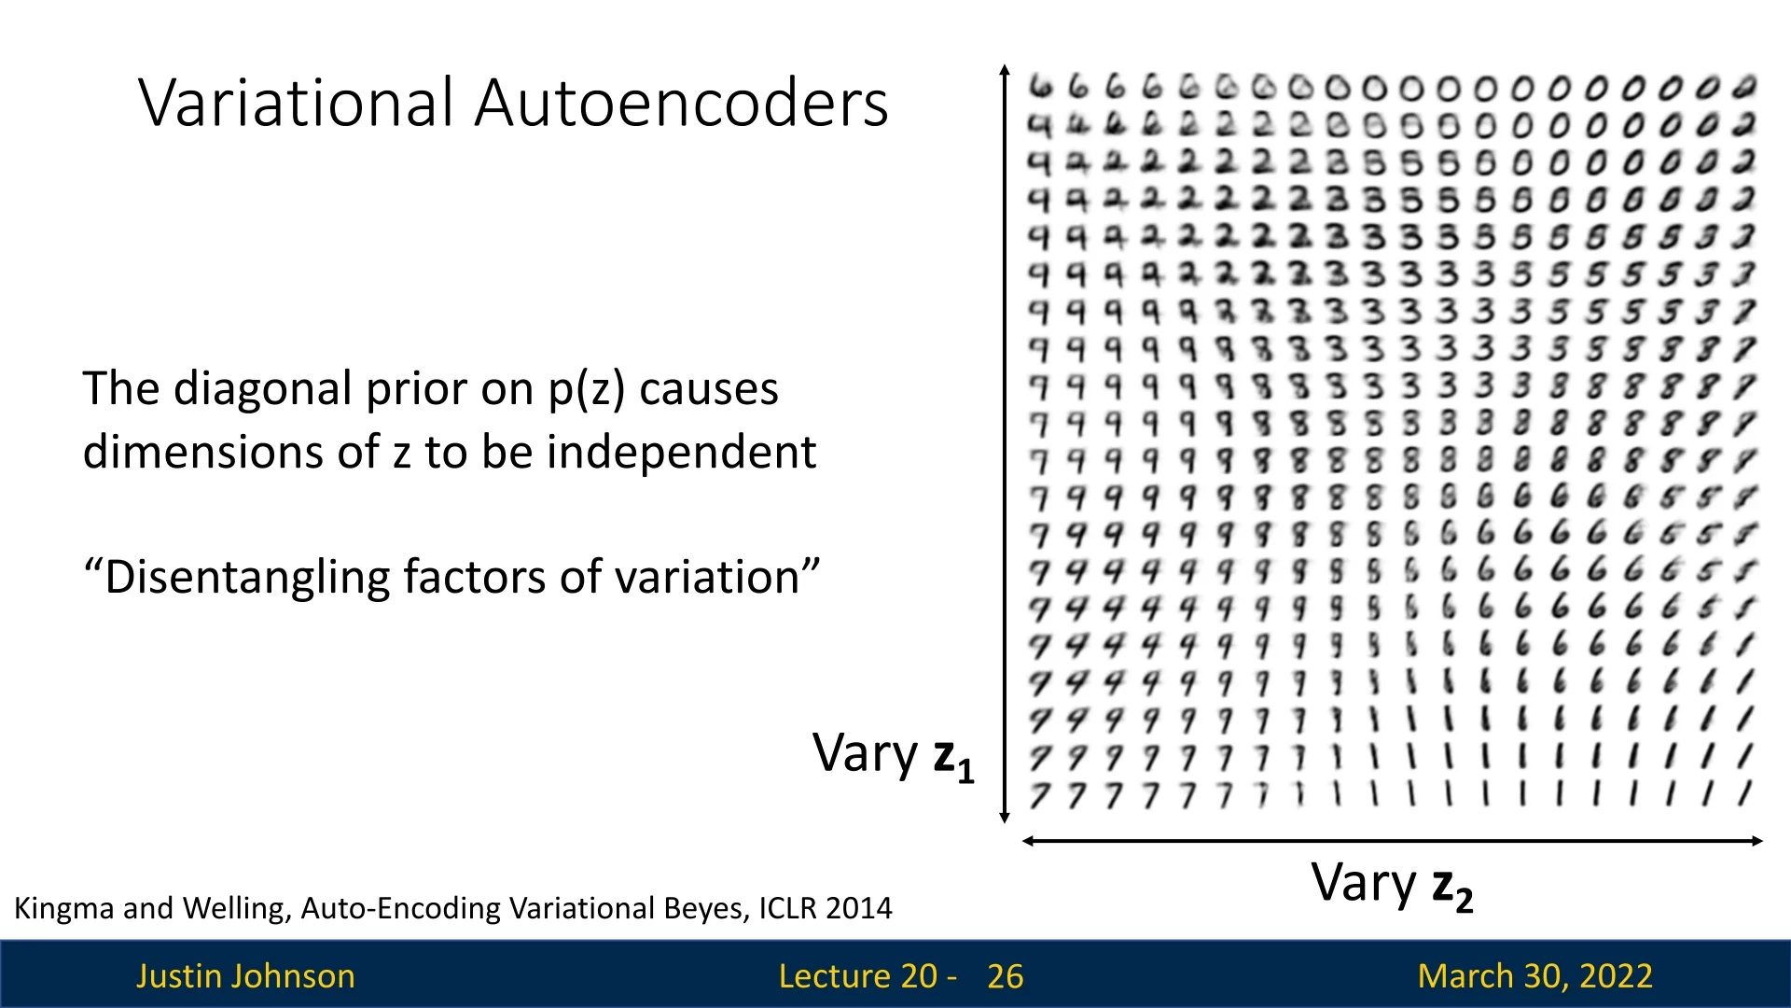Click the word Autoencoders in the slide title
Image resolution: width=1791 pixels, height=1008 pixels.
click(682, 102)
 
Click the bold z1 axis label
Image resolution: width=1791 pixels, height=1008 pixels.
click(953, 758)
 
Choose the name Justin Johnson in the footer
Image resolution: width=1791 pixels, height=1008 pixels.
click(246, 976)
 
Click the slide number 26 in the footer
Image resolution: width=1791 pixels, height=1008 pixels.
click(1006, 976)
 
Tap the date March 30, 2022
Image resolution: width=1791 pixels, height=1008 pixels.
click(1535, 976)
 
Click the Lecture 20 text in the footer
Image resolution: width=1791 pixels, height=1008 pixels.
click(857, 976)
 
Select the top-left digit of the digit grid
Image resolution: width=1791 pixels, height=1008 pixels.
click(1041, 87)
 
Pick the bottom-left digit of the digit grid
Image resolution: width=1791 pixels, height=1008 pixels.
click(1040, 795)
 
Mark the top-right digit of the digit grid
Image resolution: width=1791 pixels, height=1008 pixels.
click(1744, 87)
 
